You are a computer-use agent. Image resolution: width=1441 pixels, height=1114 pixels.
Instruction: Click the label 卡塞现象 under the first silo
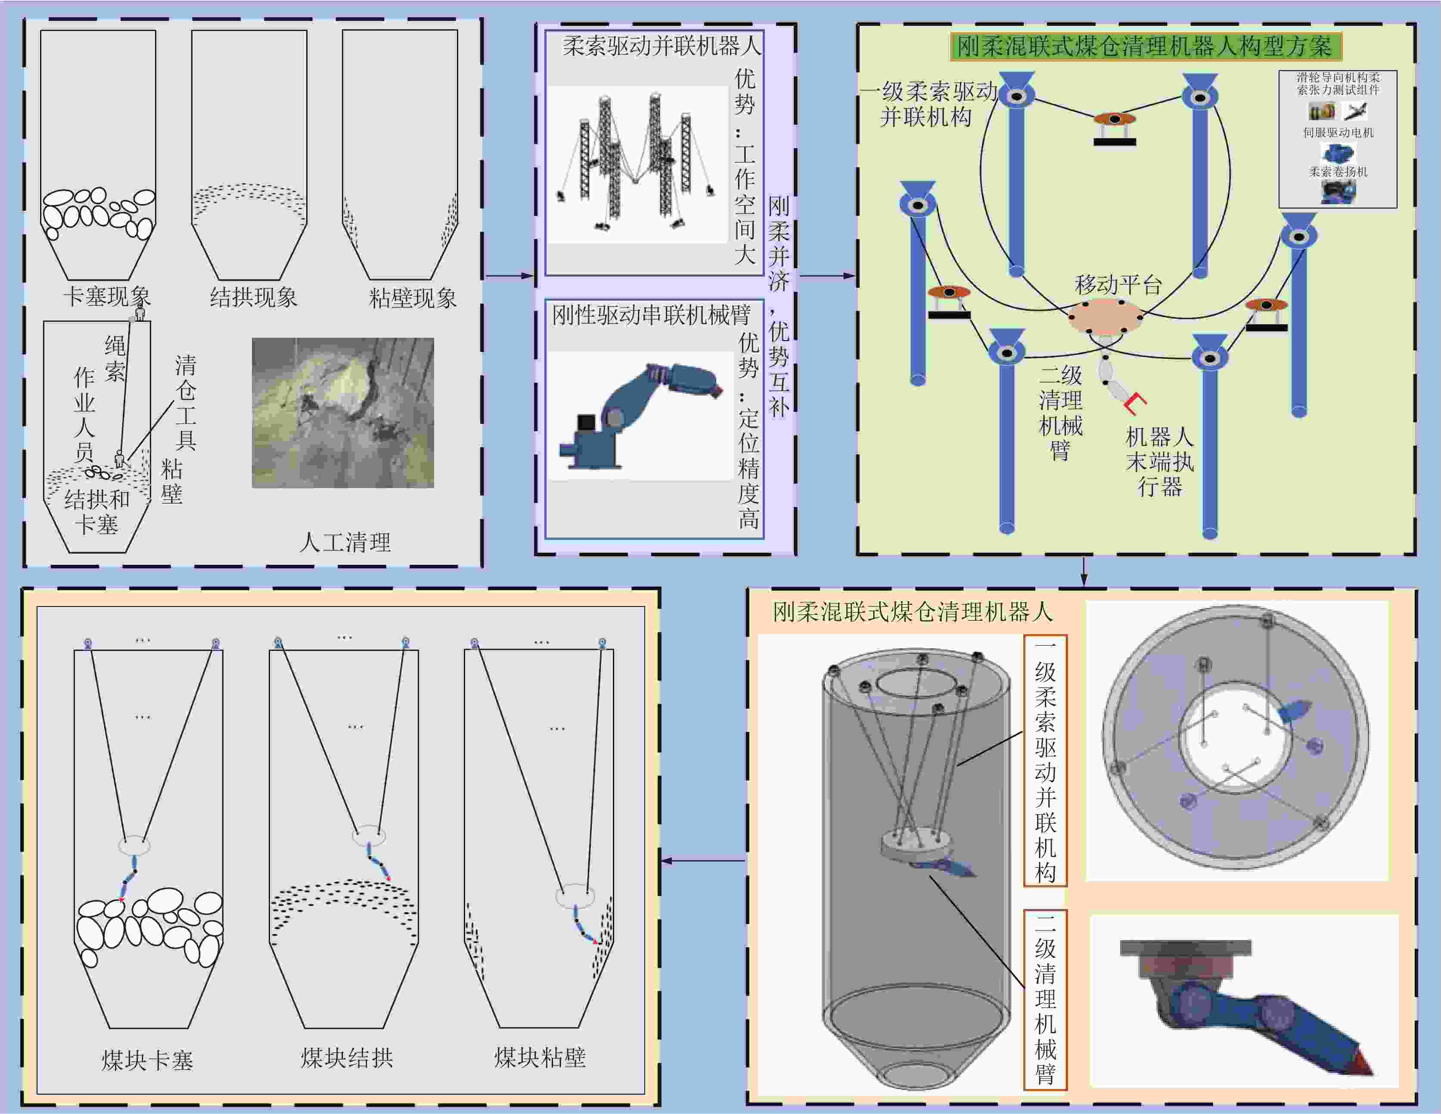107,296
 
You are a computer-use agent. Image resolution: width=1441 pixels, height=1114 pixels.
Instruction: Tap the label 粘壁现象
413,298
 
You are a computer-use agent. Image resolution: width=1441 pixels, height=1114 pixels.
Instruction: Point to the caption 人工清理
345,542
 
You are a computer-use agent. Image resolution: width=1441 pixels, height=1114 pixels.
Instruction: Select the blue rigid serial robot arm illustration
637,416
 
